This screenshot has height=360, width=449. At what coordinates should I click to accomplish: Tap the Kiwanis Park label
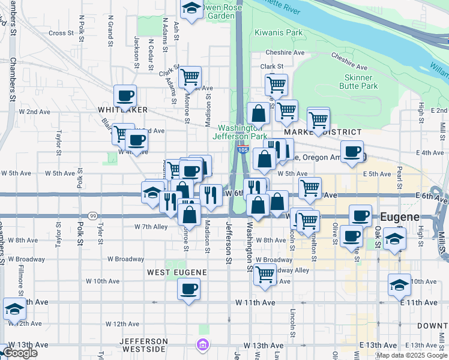(278, 32)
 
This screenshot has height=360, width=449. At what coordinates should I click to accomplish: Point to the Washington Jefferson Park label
(242, 132)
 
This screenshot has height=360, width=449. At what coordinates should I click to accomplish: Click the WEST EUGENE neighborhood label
(177, 272)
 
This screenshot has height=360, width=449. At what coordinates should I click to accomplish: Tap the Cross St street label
(61, 33)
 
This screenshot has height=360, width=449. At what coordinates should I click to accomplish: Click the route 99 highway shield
(92, 215)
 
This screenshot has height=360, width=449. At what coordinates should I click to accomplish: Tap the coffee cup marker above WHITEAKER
(125, 96)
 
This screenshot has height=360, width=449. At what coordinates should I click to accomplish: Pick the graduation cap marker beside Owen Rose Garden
(191, 8)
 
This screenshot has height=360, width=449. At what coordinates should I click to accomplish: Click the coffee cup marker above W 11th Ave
(188, 289)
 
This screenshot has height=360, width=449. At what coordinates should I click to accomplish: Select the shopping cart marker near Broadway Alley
(265, 274)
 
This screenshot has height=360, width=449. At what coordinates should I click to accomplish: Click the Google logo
(20, 353)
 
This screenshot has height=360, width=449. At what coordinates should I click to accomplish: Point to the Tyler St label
(100, 233)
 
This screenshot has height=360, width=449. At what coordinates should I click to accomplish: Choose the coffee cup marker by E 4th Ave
(352, 152)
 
